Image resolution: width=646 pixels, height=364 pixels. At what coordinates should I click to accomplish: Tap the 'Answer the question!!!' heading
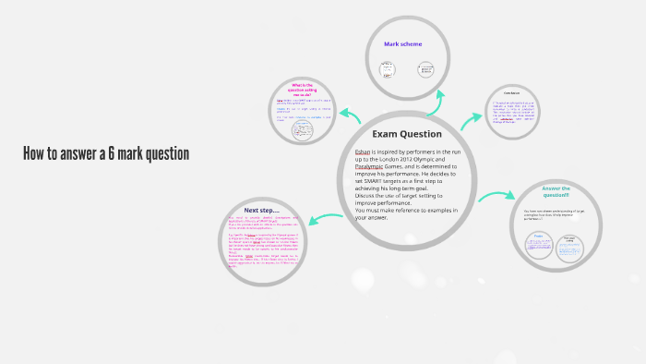pos(556,193)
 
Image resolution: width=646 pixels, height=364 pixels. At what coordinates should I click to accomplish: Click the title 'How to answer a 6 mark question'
pos(106,153)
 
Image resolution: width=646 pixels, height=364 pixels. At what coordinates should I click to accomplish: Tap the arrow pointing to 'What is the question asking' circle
pos(350,115)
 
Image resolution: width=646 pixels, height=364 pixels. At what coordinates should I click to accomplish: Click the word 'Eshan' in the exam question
pos(364,152)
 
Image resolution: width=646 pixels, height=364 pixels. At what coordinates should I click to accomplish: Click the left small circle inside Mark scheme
pos(388,69)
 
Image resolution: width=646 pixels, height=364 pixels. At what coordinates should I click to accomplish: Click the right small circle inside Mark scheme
pos(425,69)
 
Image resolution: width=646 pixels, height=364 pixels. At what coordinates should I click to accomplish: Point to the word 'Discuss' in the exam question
pos(368,196)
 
